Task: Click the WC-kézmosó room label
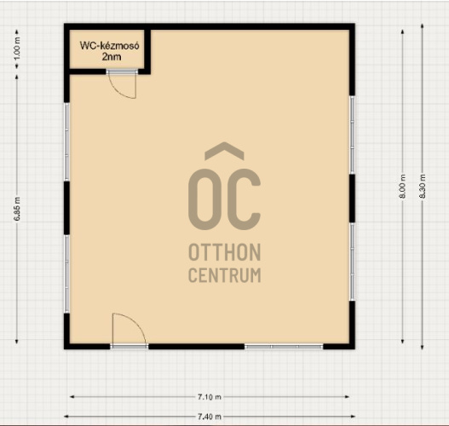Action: (109, 45)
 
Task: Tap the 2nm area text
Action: (112, 57)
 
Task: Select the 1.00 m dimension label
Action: (17, 49)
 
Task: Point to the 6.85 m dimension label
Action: (17, 209)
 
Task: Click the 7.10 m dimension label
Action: (210, 397)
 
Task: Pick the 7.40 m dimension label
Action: (210, 417)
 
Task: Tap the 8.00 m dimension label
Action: (403, 186)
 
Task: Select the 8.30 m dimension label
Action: (423, 186)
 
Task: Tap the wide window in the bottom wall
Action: (284, 347)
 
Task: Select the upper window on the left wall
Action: (66, 141)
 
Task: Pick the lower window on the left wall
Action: (66, 273)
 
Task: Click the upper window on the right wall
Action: (352, 135)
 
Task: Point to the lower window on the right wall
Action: (352, 262)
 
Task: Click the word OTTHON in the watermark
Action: (225, 252)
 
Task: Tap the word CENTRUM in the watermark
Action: (225, 275)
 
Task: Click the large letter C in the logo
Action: (245, 199)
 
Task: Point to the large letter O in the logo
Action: (189, 199)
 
